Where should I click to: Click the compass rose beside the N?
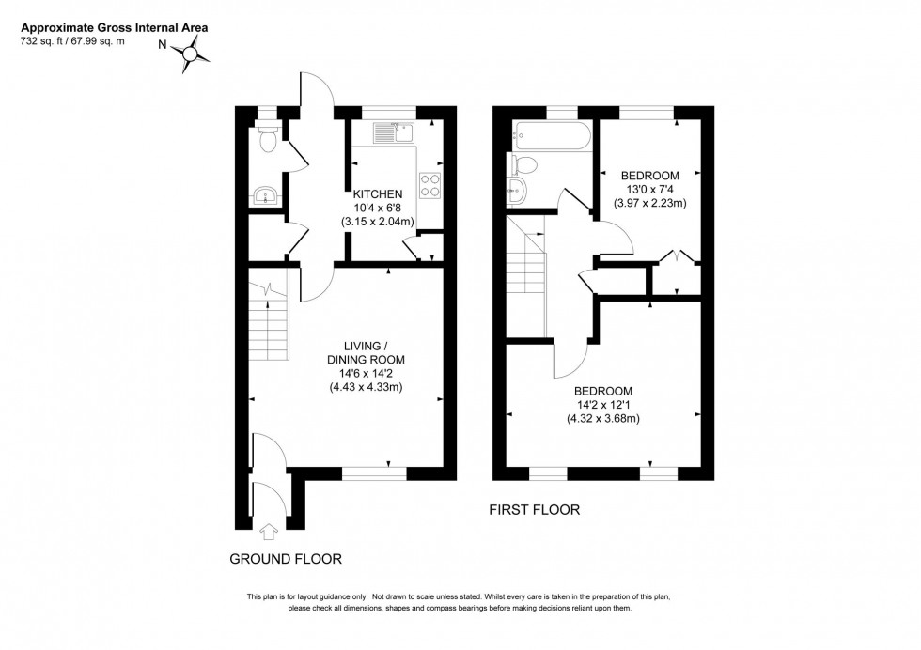pos(193,58)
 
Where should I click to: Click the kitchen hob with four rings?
pos(430,185)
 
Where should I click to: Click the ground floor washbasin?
pos(266,196)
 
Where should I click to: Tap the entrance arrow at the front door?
pos(270,533)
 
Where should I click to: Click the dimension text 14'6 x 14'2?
pos(366,374)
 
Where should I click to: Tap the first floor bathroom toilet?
pos(523,166)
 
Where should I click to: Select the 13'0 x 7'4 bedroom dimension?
pos(648,190)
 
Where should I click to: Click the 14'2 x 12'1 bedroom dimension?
pos(601,405)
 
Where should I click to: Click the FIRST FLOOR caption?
pos(534,510)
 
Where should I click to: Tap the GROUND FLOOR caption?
pos(286,559)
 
